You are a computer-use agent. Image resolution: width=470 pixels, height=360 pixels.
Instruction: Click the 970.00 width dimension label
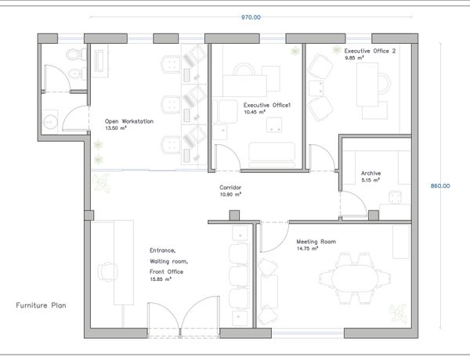(x=251, y=17)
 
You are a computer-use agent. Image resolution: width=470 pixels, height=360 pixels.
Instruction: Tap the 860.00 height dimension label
(x=440, y=186)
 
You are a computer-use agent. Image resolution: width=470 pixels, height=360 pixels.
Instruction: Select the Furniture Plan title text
(x=41, y=305)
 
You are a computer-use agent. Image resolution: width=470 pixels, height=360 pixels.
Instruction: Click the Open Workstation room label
(x=129, y=121)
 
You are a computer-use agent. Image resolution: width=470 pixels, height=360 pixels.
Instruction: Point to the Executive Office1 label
(x=267, y=105)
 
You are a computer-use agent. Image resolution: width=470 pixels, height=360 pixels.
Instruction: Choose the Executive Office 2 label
(x=370, y=51)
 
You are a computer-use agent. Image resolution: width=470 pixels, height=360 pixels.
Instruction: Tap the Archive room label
(x=371, y=173)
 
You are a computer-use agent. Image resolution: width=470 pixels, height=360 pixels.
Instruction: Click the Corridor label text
(x=230, y=188)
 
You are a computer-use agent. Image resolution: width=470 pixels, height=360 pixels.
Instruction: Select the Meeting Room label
(x=316, y=241)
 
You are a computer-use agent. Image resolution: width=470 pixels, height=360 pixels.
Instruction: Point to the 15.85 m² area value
(x=161, y=279)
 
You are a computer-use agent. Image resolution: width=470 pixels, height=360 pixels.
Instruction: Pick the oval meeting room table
(x=355, y=278)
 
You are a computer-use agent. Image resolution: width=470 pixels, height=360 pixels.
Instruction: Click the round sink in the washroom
(x=50, y=122)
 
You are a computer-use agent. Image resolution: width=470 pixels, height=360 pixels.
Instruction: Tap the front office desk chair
(x=107, y=272)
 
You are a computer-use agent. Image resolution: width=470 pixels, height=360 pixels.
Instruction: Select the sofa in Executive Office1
(x=272, y=155)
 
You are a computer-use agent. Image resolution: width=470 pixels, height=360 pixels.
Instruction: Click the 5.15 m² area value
(x=371, y=180)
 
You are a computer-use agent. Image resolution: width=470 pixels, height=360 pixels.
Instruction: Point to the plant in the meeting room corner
(x=399, y=314)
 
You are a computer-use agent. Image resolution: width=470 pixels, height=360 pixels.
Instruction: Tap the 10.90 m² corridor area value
(x=230, y=194)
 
